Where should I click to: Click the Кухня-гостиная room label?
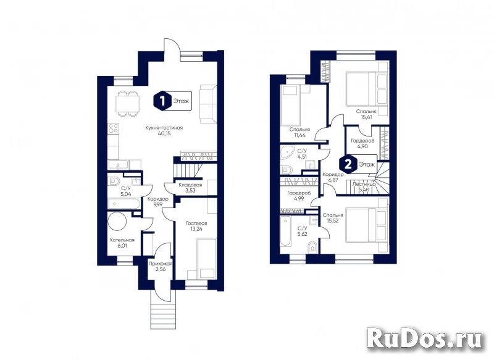pos(164,128)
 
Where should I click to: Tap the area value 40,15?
pos(164,133)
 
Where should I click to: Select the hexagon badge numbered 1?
pos(162,101)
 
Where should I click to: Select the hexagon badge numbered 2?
pos(348,164)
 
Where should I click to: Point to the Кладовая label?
pos(190,185)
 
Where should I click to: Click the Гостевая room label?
pos(196,224)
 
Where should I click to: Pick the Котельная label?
pos(122,240)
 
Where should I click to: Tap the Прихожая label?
pos(161,264)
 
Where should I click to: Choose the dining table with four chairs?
pos(128,104)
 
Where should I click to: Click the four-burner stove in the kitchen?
pos(114,129)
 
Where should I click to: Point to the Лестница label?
pos(364,184)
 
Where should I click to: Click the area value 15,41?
pos(366,117)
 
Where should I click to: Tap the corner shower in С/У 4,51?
pos(287,154)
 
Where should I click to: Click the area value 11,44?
pos(299,135)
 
